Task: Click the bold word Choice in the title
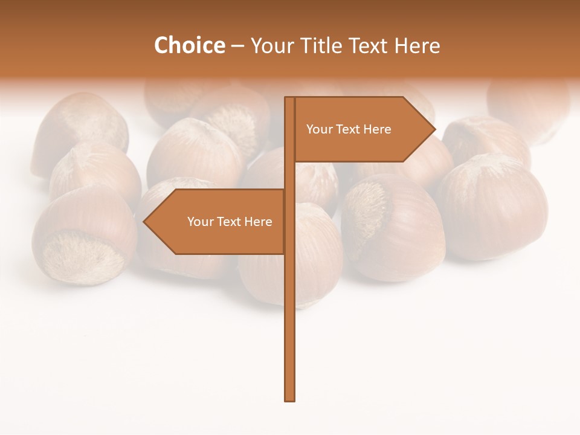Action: point(189,45)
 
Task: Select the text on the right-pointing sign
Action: point(349,129)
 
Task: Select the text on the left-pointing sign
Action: point(230,222)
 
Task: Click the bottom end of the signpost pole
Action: point(290,399)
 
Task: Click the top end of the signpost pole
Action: point(290,99)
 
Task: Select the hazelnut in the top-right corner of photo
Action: point(529,109)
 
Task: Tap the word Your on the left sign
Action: point(200,222)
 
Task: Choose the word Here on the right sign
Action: point(377,129)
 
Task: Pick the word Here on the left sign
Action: point(258,222)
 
